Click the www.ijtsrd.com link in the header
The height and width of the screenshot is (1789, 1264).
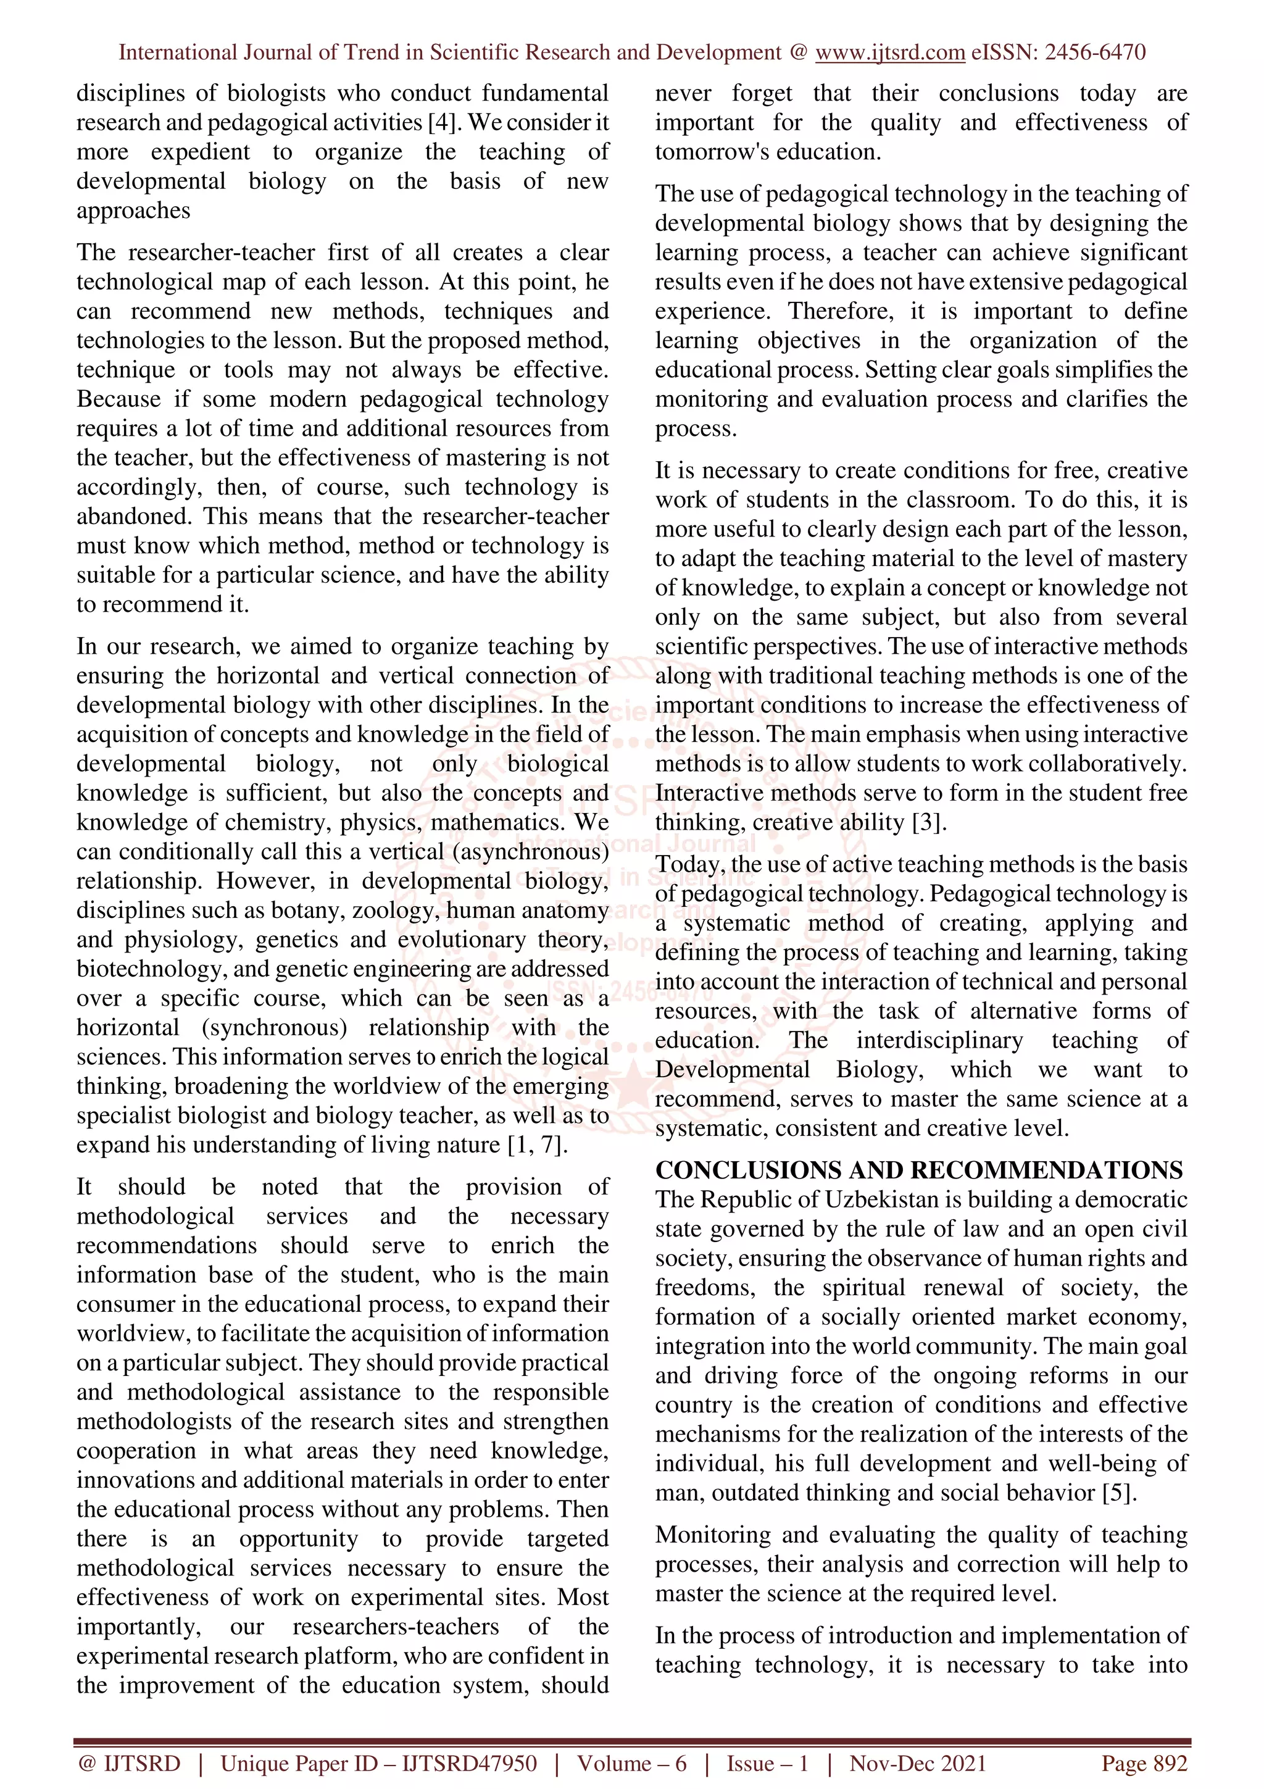[x=889, y=53]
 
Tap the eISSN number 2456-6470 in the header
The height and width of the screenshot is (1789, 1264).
[x=1094, y=53]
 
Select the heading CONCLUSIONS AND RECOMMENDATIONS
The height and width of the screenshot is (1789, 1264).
[x=918, y=1170]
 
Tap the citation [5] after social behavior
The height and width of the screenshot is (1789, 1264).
[x=1119, y=1493]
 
